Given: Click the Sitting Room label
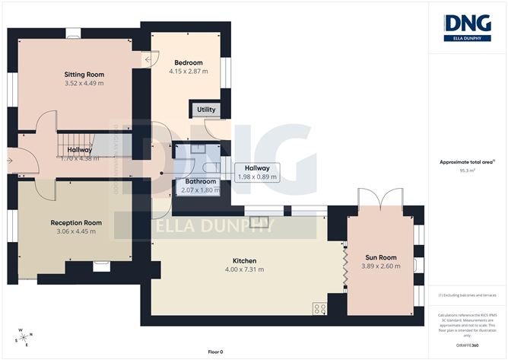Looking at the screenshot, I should pyautogui.click(x=84, y=75).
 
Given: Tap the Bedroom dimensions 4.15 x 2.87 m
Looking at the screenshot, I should pyautogui.click(x=189, y=72).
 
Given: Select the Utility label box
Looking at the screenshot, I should pyautogui.click(x=206, y=110).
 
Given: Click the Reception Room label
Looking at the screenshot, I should pyautogui.click(x=76, y=222).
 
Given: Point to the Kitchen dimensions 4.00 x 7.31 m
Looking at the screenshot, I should pyautogui.click(x=245, y=269).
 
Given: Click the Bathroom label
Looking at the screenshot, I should pyautogui.click(x=202, y=182).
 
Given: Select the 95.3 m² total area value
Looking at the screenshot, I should pyautogui.click(x=468, y=171).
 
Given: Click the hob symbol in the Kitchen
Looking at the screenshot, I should pyautogui.click(x=319, y=308).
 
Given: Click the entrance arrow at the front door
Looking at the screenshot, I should pyautogui.click(x=9, y=161).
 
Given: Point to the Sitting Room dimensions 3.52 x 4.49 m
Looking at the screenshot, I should pyautogui.click(x=84, y=84).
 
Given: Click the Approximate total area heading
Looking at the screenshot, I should pyautogui.click(x=466, y=161).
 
